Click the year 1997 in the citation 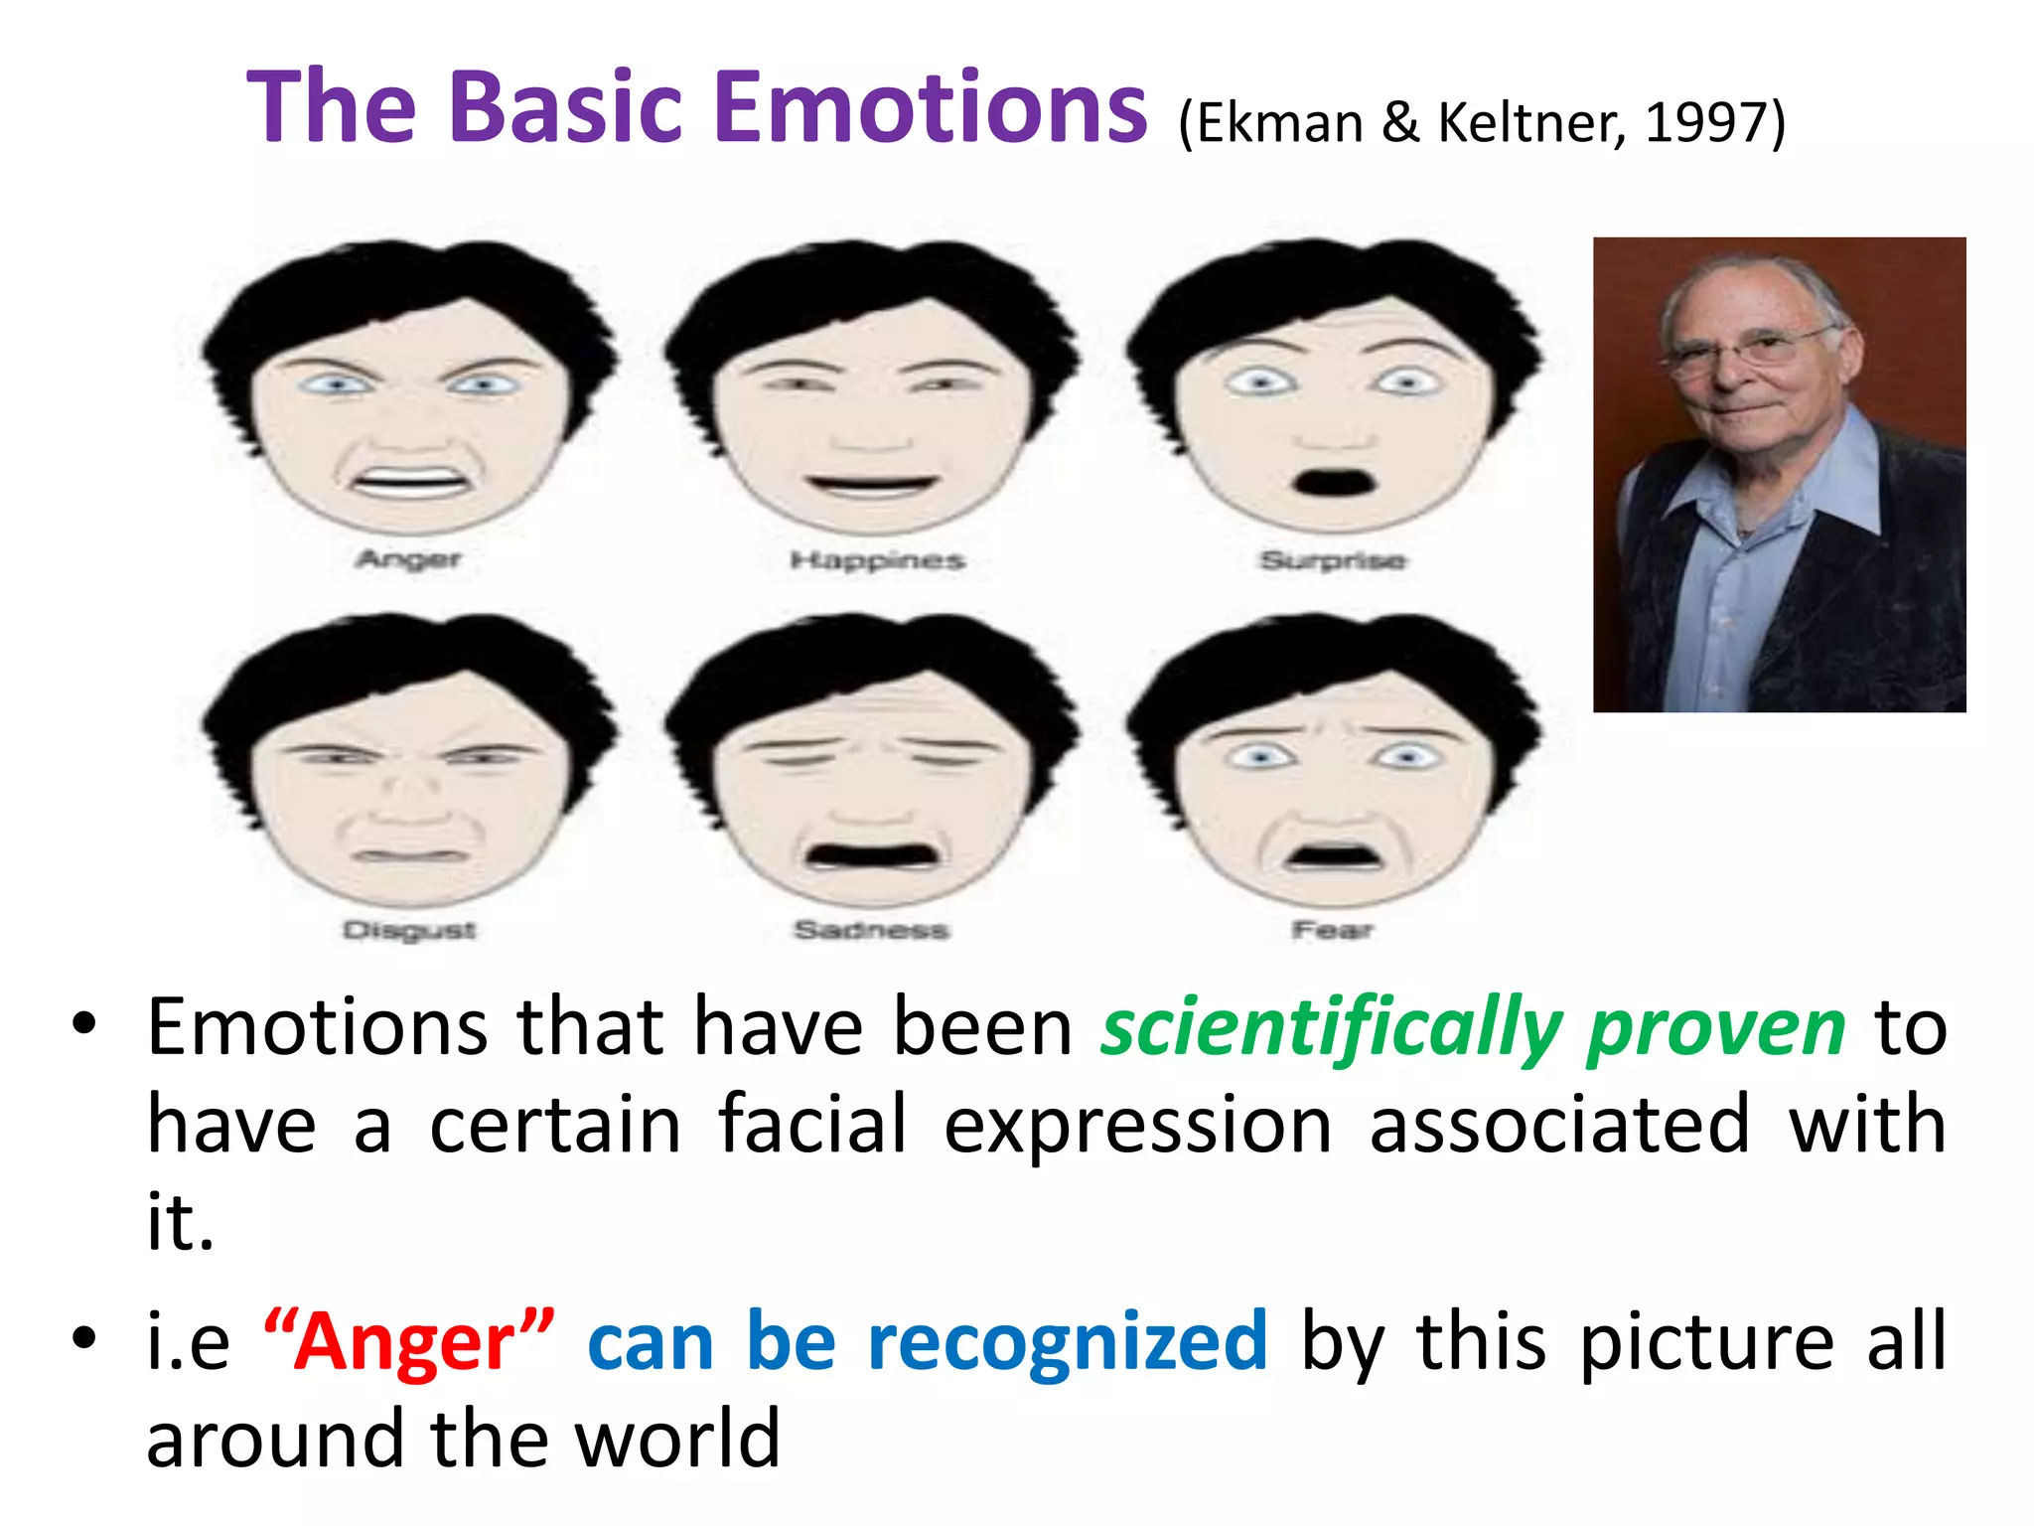pos(1705,123)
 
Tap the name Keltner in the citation pos(1529,123)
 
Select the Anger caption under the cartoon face pos(409,559)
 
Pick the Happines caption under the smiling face pos(877,561)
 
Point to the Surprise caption pos(1333,561)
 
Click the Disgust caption pos(409,931)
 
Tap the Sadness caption pos(871,931)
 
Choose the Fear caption pos(1333,931)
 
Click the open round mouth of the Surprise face pos(1336,482)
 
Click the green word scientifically pos(1331,1029)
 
